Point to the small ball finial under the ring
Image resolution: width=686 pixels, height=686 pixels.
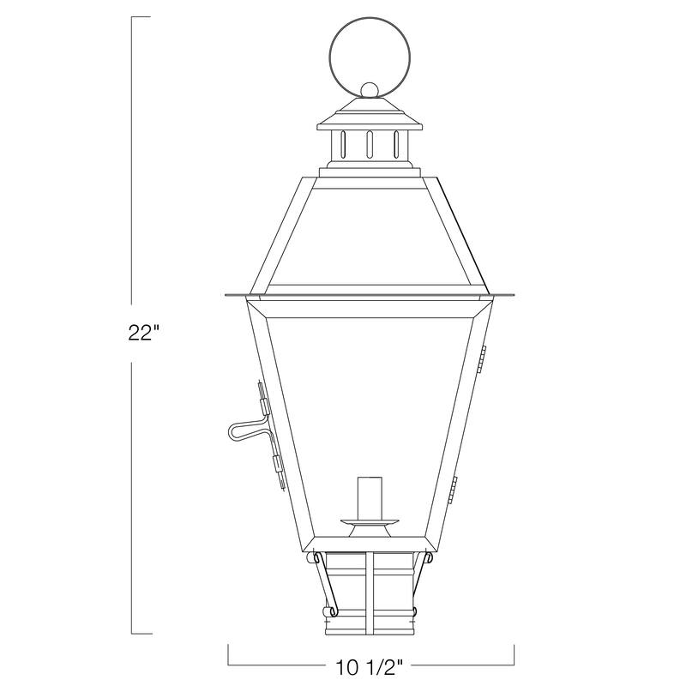tap(369, 90)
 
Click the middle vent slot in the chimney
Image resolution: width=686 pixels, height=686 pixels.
tap(369, 144)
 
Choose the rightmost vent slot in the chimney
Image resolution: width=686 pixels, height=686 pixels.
tap(395, 144)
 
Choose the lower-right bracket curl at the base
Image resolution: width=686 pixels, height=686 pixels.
tap(415, 611)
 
